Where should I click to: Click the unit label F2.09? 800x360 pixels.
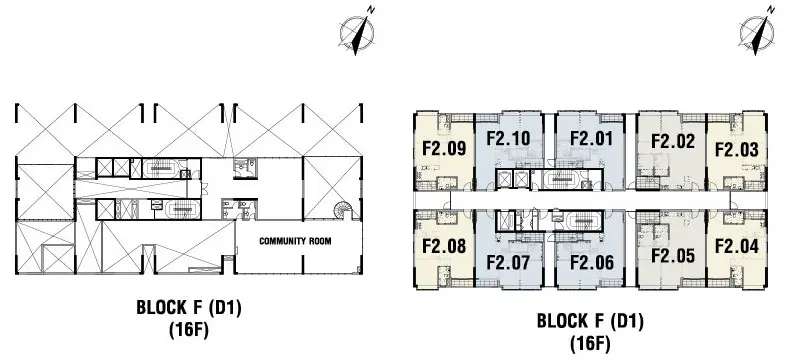[444, 148]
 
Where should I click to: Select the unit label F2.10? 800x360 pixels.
[508, 139]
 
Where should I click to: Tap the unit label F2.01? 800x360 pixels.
[591, 139]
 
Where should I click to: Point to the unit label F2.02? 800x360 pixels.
[673, 141]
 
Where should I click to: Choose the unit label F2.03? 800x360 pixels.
[737, 150]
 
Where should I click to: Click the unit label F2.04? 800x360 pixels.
[737, 246]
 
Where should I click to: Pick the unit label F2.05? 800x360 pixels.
[673, 255]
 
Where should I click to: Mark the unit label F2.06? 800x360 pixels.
[592, 262]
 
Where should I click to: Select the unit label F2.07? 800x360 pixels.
[508, 262]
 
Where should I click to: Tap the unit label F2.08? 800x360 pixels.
[444, 246]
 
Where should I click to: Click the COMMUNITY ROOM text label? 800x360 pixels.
[295, 241]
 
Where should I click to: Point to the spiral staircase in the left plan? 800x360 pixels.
[343, 210]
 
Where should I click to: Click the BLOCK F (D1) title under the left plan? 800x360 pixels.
[189, 308]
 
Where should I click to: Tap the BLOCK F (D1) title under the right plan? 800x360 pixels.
[590, 321]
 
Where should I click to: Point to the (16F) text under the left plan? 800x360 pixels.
[189, 330]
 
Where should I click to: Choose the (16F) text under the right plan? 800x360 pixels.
[590, 343]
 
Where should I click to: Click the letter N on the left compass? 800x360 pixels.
[371, 10]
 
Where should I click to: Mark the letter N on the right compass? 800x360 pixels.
[771, 10]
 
